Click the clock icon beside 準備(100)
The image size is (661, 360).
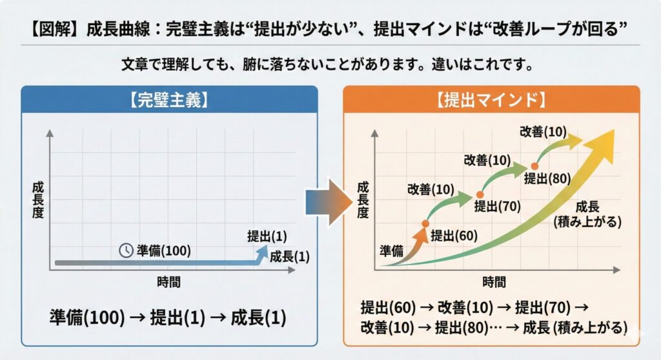(x=126, y=250)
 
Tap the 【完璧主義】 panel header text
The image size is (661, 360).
(x=169, y=101)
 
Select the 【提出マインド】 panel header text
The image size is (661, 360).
(x=491, y=101)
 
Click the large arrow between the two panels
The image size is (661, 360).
(x=329, y=203)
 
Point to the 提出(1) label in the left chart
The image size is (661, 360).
(x=267, y=236)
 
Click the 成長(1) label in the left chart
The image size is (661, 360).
(x=290, y=256)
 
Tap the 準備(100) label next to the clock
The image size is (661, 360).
(x=163, y=251)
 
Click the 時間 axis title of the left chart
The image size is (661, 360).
(x=168, y=281)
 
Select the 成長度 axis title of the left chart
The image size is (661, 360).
(x=38, y=200)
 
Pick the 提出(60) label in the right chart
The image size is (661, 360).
(x=454, y=235)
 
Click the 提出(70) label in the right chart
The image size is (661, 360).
(x=498, y=206)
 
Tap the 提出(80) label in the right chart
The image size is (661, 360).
(x=547, y=179)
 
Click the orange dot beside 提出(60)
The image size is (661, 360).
(x=425, y=223)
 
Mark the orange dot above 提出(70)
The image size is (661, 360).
(x=480, y=195)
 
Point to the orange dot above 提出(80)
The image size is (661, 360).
(x=534, y=166)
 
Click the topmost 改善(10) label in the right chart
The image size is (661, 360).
(x=543, y=132)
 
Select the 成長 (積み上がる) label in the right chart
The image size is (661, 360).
(x=587, y=214)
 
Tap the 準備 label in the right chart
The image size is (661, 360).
(x=392, y=251)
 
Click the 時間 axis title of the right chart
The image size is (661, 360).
(x=494, y=281)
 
